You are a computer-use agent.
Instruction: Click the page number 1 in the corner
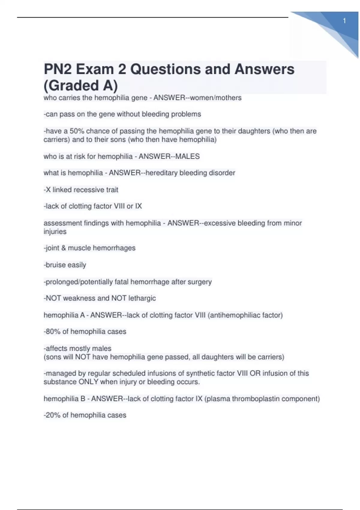(344, 21)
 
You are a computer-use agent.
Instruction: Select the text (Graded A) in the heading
(81, 85)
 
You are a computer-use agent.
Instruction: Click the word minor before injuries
(292, 223)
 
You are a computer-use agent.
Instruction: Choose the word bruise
(56, 265)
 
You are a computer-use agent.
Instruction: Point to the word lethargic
(142, 298)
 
